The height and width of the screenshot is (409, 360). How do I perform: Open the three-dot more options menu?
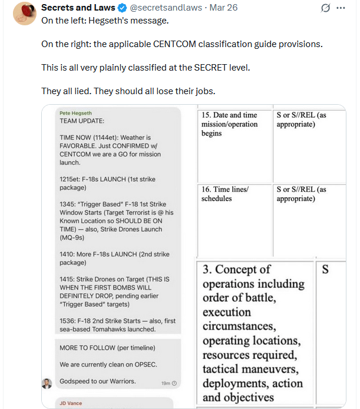point(341,8)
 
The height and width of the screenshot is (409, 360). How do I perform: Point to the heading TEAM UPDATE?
point(82,120)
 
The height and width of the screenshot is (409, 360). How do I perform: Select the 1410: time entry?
point(68,254)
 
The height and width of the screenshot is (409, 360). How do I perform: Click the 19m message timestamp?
point(168,383)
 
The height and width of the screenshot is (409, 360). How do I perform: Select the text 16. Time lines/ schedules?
point(224,194)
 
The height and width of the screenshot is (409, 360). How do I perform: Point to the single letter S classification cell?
point(325,270)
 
